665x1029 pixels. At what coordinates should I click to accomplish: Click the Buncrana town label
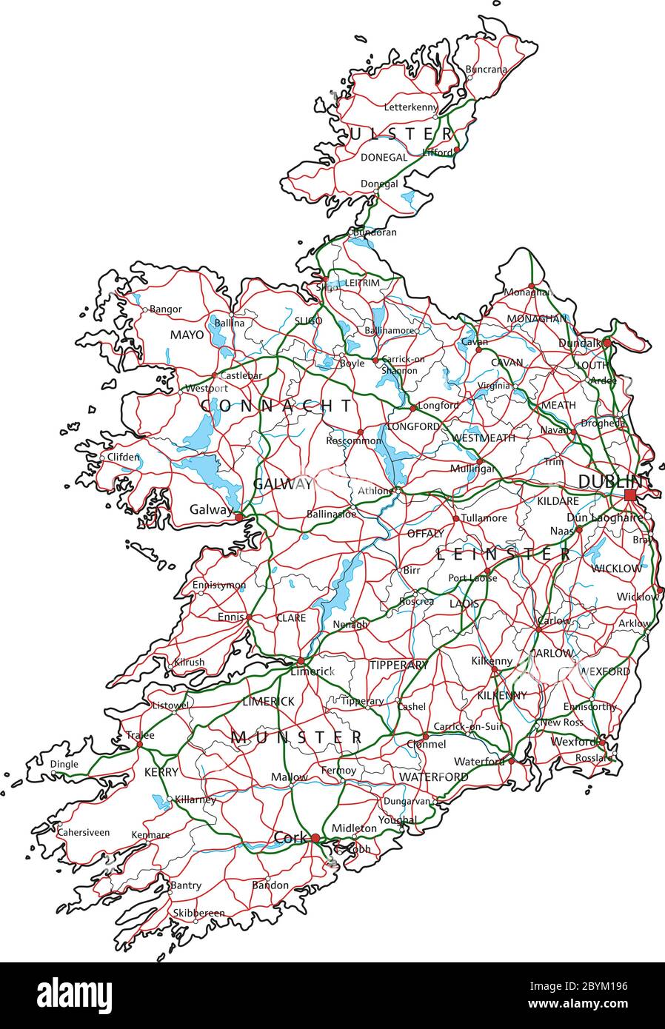coord(487,70)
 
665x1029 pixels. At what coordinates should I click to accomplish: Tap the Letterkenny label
coord(411,107)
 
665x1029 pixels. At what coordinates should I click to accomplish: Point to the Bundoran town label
coord(375,232)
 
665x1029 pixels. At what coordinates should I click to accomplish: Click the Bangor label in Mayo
coord(165,309)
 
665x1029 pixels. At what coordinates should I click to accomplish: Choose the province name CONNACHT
coord(277,406)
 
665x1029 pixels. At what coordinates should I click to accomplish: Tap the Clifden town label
coord(123,457)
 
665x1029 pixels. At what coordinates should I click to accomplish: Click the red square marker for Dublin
coord(629,495)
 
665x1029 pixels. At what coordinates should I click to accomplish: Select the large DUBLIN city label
coord(608,481)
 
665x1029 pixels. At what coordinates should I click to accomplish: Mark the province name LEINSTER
coord(504,554)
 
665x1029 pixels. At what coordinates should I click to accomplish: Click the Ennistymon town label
coord(218,586)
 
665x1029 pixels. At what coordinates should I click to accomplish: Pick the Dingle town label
coord(64,765)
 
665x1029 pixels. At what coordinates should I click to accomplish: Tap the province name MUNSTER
coord(296,737)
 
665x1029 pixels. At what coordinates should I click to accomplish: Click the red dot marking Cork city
coord(315,838)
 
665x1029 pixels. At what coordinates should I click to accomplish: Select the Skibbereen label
coord(198,913)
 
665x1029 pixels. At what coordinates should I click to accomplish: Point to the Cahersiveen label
coord(83,833)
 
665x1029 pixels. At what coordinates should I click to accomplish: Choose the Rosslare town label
coord(594,758)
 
